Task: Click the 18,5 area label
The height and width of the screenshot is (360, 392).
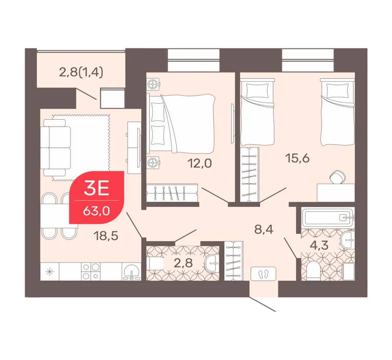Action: point(106,236)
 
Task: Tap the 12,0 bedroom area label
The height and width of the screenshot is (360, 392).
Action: point(200,164)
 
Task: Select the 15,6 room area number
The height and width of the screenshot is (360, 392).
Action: point(297,158)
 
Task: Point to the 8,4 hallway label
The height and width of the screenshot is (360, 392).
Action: point(264,229)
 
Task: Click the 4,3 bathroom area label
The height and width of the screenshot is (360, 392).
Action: point(319,245)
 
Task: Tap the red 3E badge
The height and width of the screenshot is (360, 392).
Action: point(97,197)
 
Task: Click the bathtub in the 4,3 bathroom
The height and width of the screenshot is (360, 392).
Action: point(328,217)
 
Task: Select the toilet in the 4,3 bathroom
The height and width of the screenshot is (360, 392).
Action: point(312,272)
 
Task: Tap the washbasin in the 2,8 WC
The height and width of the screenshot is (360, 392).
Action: point(212,263)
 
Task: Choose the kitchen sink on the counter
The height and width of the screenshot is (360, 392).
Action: point(132,272)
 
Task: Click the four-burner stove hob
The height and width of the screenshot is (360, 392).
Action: point(90,272)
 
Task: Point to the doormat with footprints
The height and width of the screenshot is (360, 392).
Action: point(264,274)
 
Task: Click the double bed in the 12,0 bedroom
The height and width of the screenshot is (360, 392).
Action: point(181,124)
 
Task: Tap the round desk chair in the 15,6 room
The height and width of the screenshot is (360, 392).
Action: point(338,177)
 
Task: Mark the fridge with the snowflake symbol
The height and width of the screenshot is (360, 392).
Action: point(50,272)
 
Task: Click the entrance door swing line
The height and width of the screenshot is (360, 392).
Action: point(262,304)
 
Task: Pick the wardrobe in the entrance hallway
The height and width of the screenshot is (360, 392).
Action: point(234,261)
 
